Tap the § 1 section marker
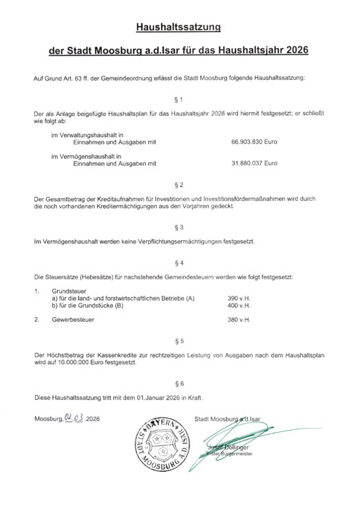click(180, 100)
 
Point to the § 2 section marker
click(180, 186)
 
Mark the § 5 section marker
click(180, 341)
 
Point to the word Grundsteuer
click(70, 290)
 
